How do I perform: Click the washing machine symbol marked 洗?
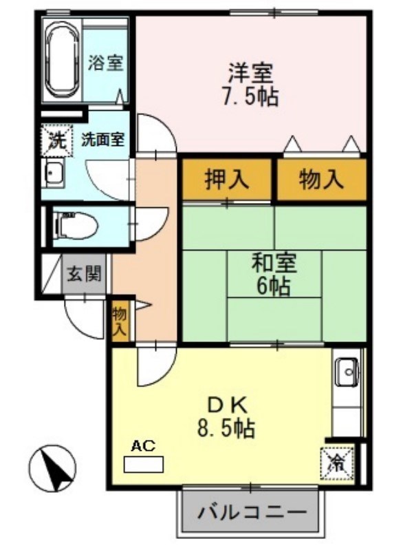click(55, 140)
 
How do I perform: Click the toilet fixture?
click(71, 224)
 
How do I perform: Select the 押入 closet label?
click(227, 180)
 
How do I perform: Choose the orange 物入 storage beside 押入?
click(321, 180)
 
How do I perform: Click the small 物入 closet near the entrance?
click(120, 321)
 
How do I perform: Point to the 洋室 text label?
click(251, 72)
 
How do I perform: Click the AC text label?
click(143, 446)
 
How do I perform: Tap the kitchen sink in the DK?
click(347, 374)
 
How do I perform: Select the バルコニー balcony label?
click(251, 513)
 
